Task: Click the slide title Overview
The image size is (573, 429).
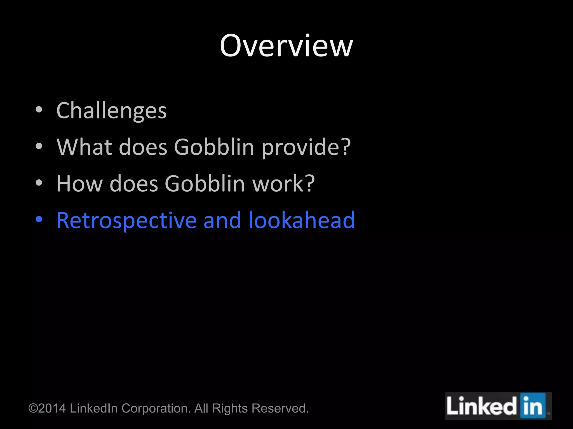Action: click(286, 46)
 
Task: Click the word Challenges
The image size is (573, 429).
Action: click(111, 111)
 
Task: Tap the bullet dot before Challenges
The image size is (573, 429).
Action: click(39, 110)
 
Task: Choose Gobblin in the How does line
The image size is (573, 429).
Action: click(205, 183)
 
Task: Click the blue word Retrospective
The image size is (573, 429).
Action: click(126, 220)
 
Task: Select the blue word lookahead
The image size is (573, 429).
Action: click(302, 220)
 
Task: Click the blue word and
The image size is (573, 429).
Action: click(222, 220)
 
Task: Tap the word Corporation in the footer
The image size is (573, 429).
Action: click(156, 409)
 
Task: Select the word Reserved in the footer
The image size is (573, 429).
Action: click(280, 408)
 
